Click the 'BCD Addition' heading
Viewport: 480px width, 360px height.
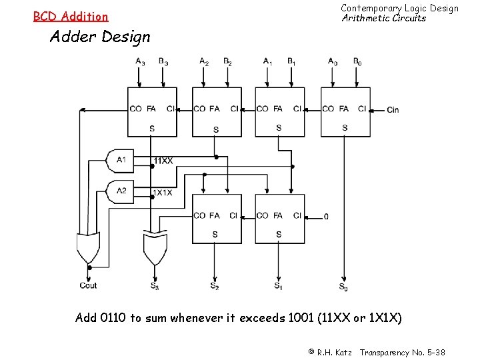(71, 16)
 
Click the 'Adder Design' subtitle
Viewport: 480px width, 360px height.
(101, 37)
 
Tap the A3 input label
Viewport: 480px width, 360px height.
(140, 62)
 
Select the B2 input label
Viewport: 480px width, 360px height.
(227, 62)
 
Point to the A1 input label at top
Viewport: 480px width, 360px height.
(267, 62)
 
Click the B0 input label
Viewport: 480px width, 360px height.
(357, 62)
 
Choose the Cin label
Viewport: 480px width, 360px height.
(393, 109)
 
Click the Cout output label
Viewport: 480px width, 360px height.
(88, 285)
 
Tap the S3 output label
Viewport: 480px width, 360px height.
(155, 286)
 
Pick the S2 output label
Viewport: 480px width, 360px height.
(215, 286)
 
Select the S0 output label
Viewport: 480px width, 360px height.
(343, 287)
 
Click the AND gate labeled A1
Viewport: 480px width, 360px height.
(121, 160)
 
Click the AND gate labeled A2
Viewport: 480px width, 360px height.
(121, 191)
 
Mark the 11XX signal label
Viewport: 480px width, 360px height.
(163, 161)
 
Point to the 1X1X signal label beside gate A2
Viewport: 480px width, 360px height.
(163, 193)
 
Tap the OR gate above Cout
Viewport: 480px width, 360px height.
(88, 248)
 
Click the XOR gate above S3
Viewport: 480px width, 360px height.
(155, 248)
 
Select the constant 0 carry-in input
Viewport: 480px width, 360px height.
(326, 216)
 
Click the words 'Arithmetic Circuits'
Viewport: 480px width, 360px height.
(383, 18)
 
